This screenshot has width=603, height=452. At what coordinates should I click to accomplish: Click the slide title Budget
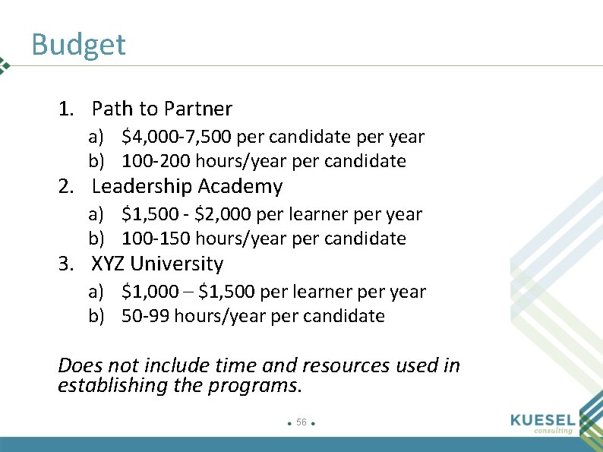tap(78, 45)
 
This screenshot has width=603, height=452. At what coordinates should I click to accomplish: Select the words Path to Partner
tap(162, 109)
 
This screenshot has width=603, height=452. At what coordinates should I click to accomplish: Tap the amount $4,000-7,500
tap(178, 137)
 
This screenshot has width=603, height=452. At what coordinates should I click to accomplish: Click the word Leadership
tap(142, 186)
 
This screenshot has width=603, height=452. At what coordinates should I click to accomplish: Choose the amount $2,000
tap(224, 214)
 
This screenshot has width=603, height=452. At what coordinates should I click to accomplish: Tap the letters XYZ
tap(109, 264)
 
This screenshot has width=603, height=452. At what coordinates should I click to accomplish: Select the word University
tap(177, 264)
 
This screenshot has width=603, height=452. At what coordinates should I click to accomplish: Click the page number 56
tap(301, 422)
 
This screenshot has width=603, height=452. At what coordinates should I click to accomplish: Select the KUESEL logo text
tap(543, 419)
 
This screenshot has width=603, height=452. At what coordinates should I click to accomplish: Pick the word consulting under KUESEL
tap(554, 431)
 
